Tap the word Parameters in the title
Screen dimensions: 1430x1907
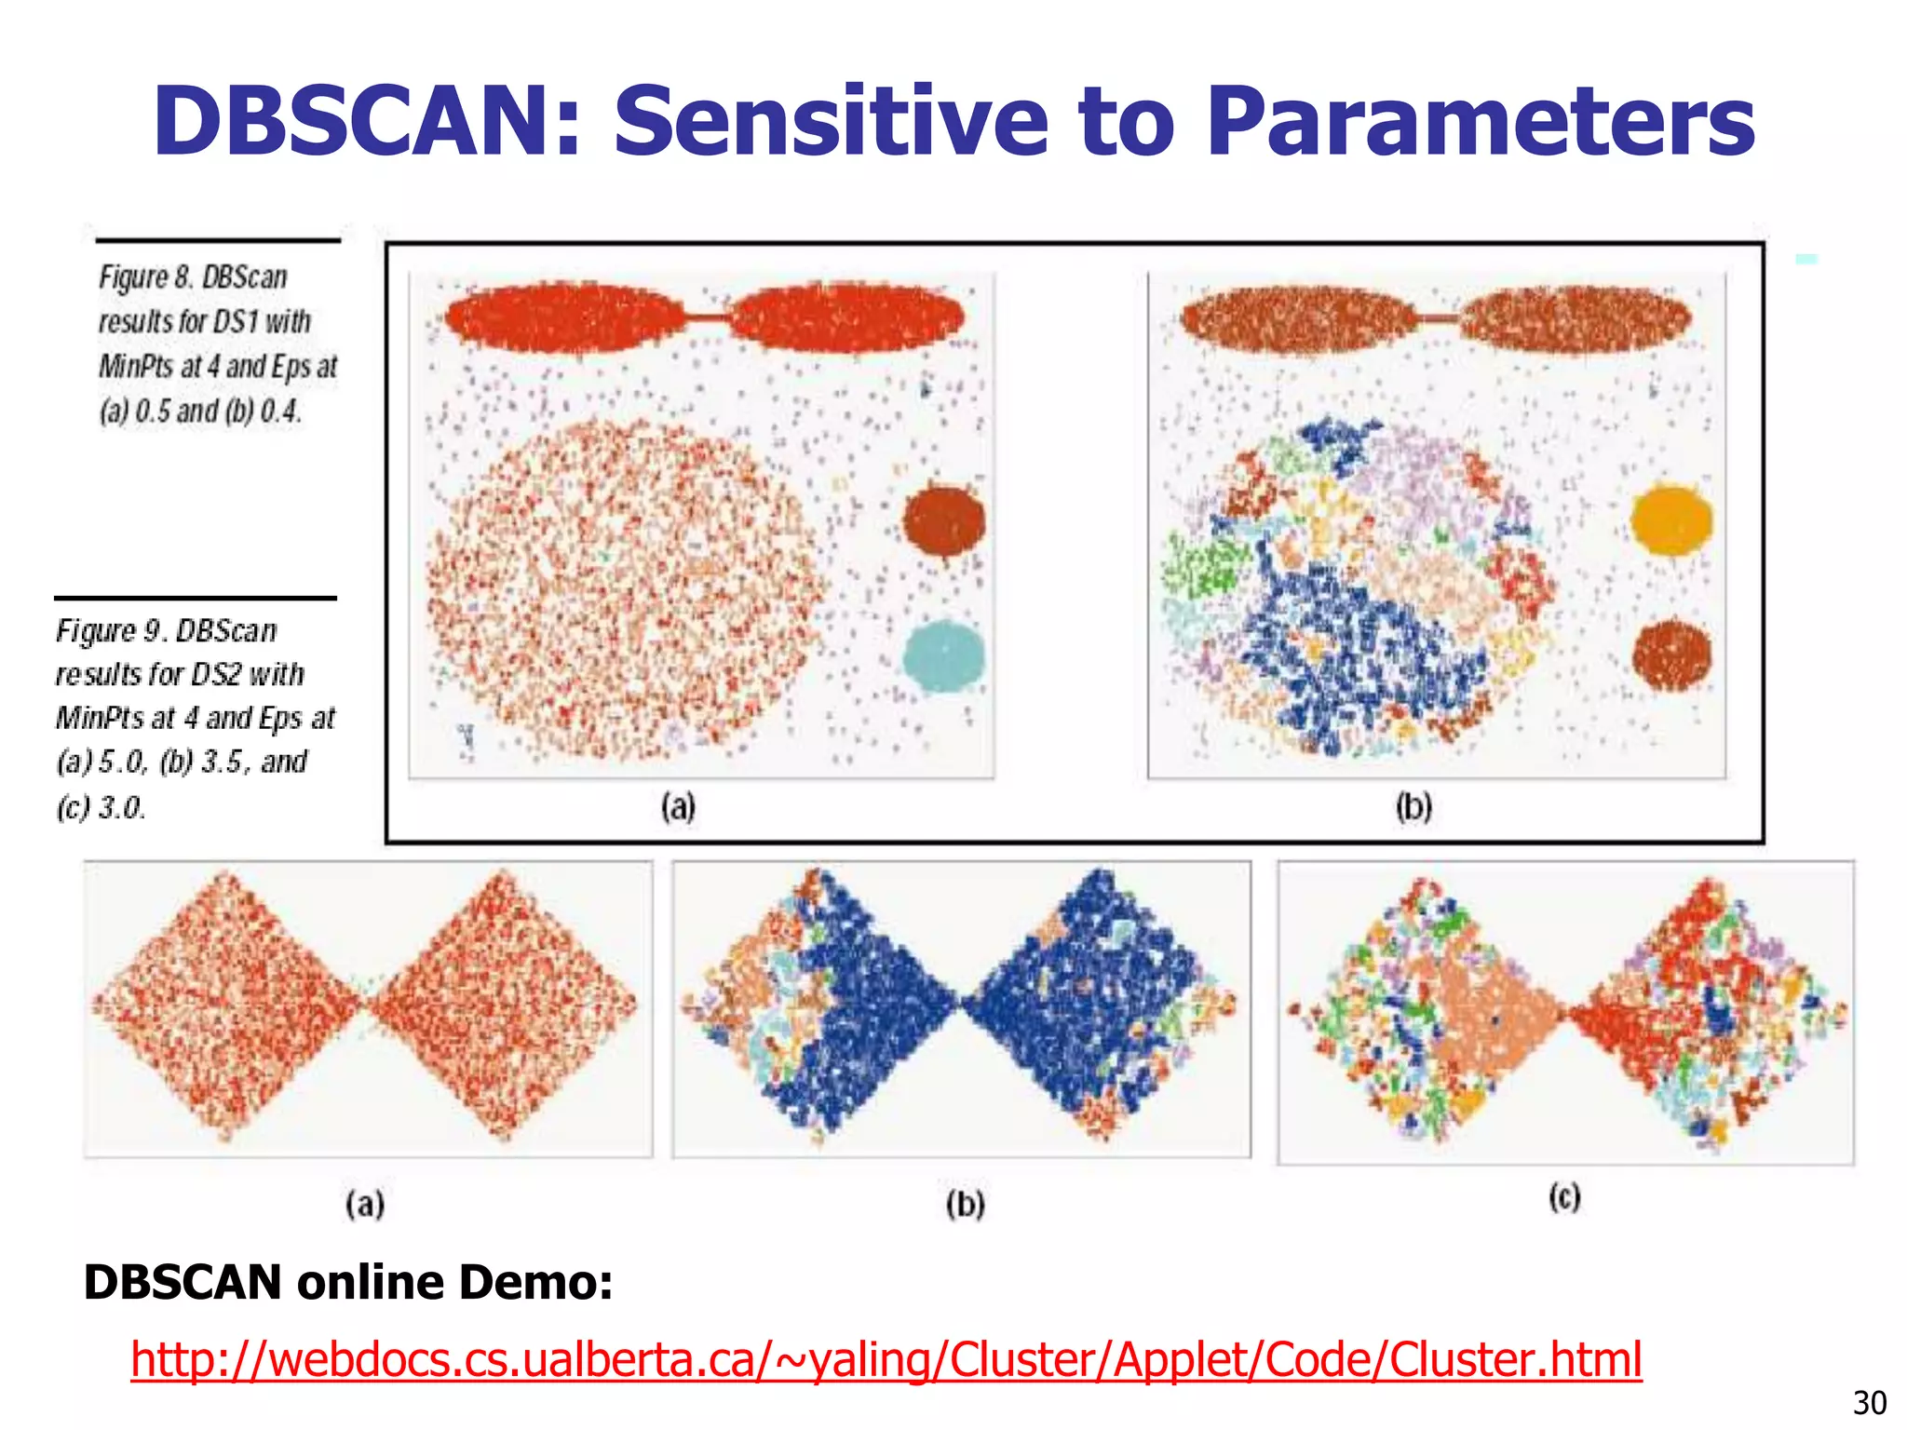pyautogui.click(x=1480, y=121)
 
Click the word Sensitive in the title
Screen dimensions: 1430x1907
pyautogui.click(x=831, y=121)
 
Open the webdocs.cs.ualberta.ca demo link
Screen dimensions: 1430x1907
pyautogui.click(x=886, y=1359)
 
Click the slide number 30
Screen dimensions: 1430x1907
pyautogui.click(x=1869, y=1402)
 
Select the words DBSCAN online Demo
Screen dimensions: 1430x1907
pyautogui.click(x=348, y=1282)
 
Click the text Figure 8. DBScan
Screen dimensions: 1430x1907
pyautogui.click(x=193, y=277)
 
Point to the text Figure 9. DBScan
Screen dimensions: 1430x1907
pyautogui.click(x=166, y=630)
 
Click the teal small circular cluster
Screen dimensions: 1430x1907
pyautogui.click(x=943, y=656)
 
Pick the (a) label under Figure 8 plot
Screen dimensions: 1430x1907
pyautogui.click(x=678, y=806)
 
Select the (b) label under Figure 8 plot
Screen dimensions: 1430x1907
pyautogui.click(x=1413, y=806)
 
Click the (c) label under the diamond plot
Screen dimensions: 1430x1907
pyautogui.click(x=1564, y=1196)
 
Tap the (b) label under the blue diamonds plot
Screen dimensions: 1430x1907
pyautogui.click(x=965, y=1205)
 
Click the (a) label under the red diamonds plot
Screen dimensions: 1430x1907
pyautogui.click(x=365, y=1205)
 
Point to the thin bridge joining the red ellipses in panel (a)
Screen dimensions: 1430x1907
pyautogui.click(x=707, y=318)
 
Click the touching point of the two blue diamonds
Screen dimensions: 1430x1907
pyautogui.click(x=959, y=1004)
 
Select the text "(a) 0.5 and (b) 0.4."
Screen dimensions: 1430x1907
pyautogui.click(x=200, y=411)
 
